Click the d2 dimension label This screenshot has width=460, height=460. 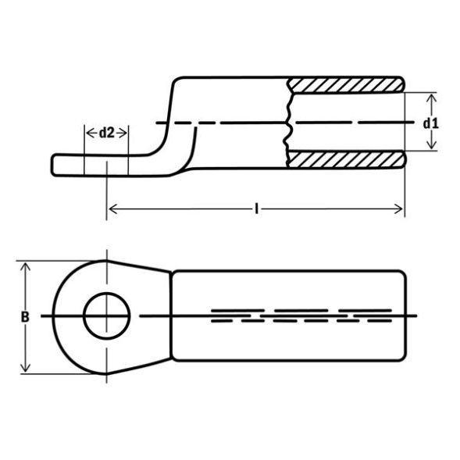[106, 133]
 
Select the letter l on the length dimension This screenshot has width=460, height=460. [256, 208]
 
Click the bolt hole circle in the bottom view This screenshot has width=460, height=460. [105, 316]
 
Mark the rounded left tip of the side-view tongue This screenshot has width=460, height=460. [55, 164]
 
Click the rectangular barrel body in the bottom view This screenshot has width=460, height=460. [289, 344]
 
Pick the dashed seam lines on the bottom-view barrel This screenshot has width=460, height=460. [301, 315]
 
